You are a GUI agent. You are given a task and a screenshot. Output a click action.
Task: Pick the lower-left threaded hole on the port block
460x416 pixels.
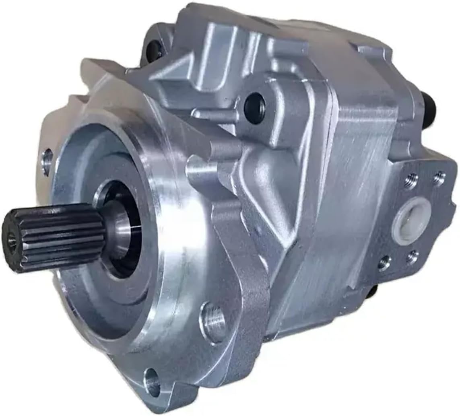click(x=384, y=264)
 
